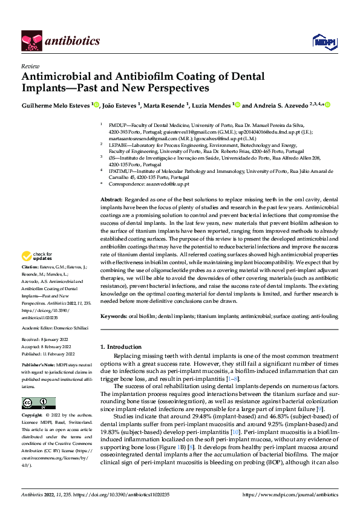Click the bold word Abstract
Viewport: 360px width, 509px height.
click(111, 199)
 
